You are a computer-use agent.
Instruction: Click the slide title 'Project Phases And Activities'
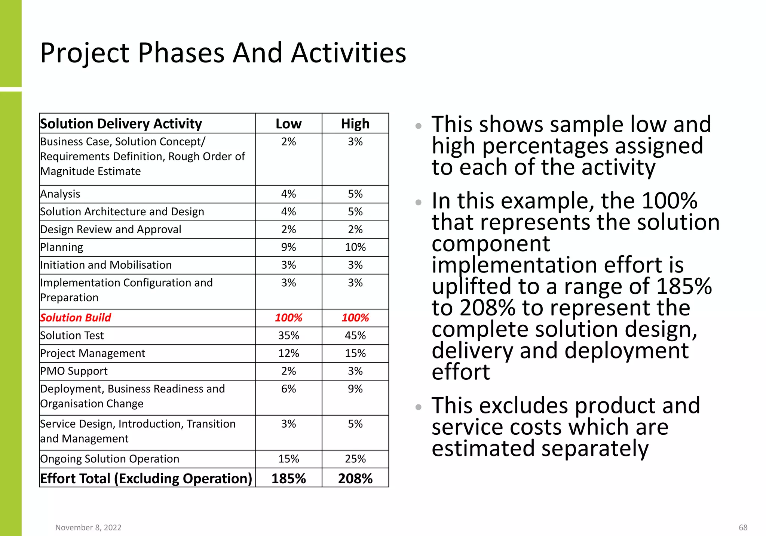[223, 53]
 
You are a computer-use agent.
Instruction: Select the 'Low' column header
[288, 124]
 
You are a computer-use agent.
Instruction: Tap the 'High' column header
[355, 124]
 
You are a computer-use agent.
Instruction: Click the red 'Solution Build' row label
[76, 318]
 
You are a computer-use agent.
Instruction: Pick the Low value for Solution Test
[288, 336]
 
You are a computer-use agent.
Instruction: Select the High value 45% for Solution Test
[355, 336]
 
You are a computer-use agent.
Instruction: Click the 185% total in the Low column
[288, 478]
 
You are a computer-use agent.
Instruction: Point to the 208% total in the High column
[355, 478]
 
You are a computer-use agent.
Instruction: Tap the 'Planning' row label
[62, 247]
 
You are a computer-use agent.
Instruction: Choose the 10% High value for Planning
[355, 247]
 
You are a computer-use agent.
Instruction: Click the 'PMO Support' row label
[74, 371]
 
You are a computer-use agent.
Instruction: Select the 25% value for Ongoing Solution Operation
[355, 459]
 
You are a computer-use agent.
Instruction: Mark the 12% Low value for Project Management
[288, 353]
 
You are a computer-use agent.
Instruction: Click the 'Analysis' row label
[60, 194]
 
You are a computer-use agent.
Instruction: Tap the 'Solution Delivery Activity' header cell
[121, 124]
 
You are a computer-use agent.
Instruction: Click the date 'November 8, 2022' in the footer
[88, 527]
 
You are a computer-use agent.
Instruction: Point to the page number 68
[743, 527]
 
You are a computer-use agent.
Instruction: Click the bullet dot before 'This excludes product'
[418, 407]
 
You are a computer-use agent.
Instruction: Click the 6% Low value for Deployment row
[288, 389]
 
